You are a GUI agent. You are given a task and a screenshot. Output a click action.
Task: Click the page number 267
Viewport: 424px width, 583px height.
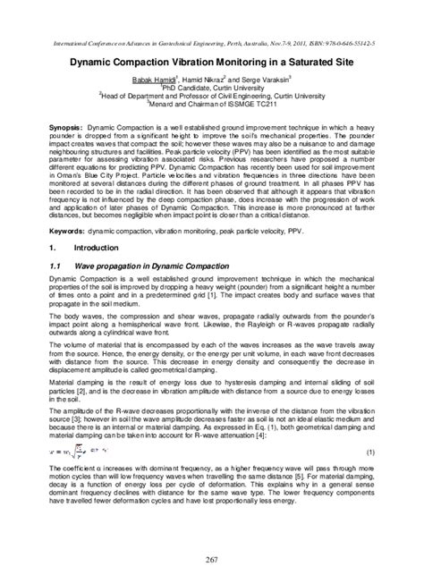(x=212, y=559)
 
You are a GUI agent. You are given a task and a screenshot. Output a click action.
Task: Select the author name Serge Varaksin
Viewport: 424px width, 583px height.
(x=253, y=79)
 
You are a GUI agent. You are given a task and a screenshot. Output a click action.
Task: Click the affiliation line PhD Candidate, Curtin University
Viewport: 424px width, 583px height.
(x=212, y=89)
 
